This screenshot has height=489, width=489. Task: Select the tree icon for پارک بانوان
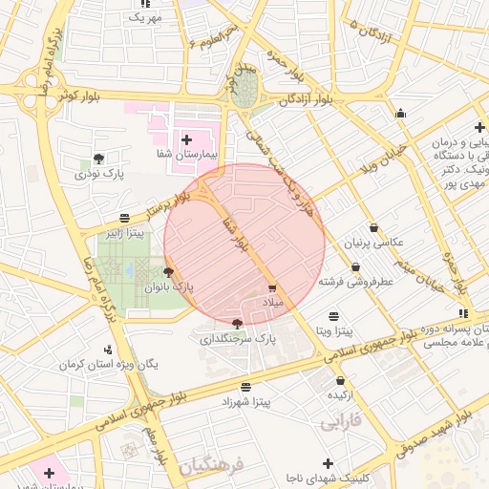tap(169, 273)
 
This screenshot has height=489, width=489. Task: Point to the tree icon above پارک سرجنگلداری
tap(237, 324)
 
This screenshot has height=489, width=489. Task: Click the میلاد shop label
tap(273, 302)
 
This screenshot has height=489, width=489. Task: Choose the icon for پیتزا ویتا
tap(333, 316)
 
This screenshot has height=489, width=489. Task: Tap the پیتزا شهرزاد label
tap(246, 402)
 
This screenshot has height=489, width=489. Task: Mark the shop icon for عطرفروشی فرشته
tap(355, 267)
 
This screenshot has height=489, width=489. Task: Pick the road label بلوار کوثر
tap(79, 96)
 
